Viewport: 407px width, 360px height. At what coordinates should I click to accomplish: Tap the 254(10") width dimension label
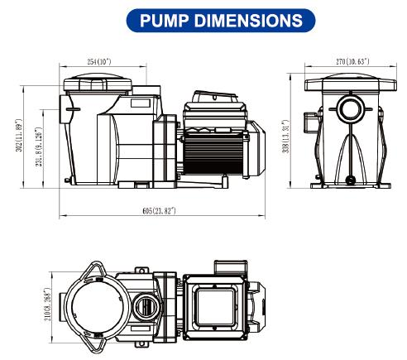pyautogui.click(x=97, y=62)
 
